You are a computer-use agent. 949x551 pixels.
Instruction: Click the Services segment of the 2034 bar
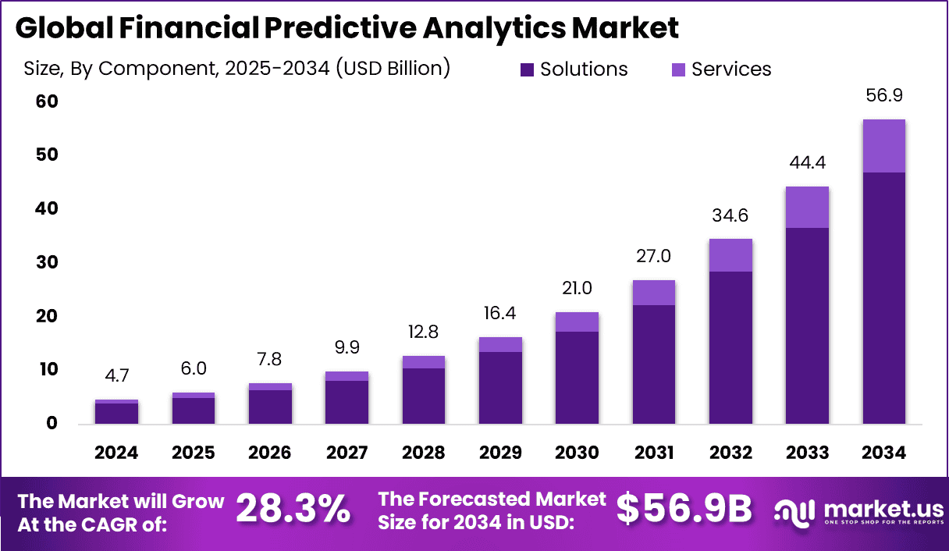[883, 146]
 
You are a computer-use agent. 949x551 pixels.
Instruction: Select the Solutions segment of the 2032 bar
[730, 347]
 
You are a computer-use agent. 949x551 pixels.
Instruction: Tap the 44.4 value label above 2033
[808, 163]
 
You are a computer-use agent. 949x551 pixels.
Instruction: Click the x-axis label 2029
[500, 453]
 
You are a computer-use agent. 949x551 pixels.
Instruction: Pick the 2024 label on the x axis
[116, 453]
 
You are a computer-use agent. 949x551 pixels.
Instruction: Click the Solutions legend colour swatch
[527, 69]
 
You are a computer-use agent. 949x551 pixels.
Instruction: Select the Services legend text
[731, 69]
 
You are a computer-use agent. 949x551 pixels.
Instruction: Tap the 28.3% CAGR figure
[293, 510]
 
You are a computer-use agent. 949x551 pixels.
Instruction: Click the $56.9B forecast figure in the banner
[684, 510]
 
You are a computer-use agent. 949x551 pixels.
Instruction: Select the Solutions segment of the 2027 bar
[347, 402]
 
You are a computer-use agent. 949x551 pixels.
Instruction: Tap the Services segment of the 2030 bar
[577, 322]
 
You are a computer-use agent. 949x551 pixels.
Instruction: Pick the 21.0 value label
[577, 288]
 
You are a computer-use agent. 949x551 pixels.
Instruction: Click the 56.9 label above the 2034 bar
[883, 96]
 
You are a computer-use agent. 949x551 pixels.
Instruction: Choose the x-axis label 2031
[654, 453]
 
